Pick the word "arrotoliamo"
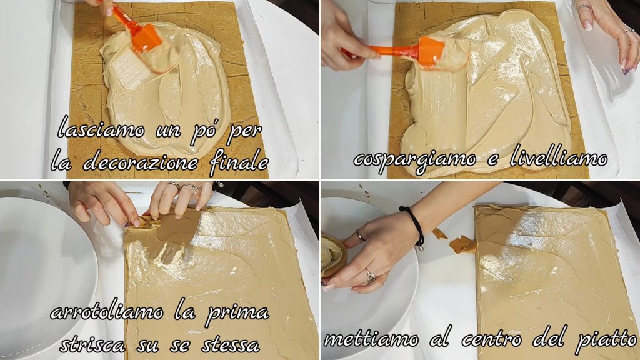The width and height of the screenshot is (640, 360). pos(107,312)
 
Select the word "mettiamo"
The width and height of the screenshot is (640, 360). pos(371,339)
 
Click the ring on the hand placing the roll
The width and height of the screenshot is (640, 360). pos(370,276)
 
